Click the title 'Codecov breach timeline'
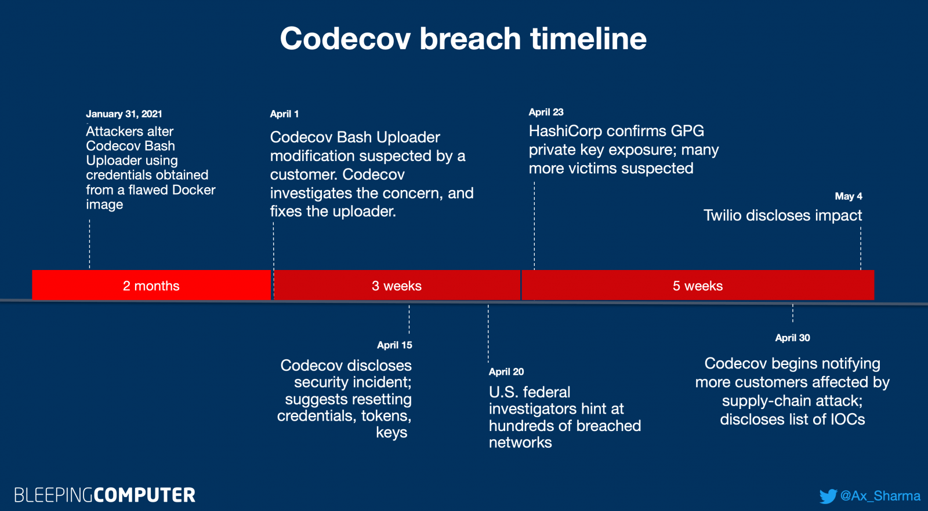(x=463, y=38)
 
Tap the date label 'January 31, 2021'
(x=124, y=114)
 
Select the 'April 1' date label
(x=284, y=114)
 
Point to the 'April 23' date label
(x=546, y=112)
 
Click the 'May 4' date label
(x=849, y=196)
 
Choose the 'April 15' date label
(x=394, y=345)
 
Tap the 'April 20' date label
(x=506, y=371)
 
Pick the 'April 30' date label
(x=792, y=338)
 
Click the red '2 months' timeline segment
(x=151, y=285)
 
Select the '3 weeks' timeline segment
(x=397, y=285)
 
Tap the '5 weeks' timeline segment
(x=698, y=285)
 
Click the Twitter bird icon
(x=828, y=496)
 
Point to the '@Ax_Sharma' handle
(x=880, y=496)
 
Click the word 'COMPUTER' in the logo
(x=144, y=495)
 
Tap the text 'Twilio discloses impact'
(x=782, y=215)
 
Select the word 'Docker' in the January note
(x=194, y=189)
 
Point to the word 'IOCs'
(x=847, y=419)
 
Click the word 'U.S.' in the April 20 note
(x=502, y=392)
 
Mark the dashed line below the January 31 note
(x=89, y=244)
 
